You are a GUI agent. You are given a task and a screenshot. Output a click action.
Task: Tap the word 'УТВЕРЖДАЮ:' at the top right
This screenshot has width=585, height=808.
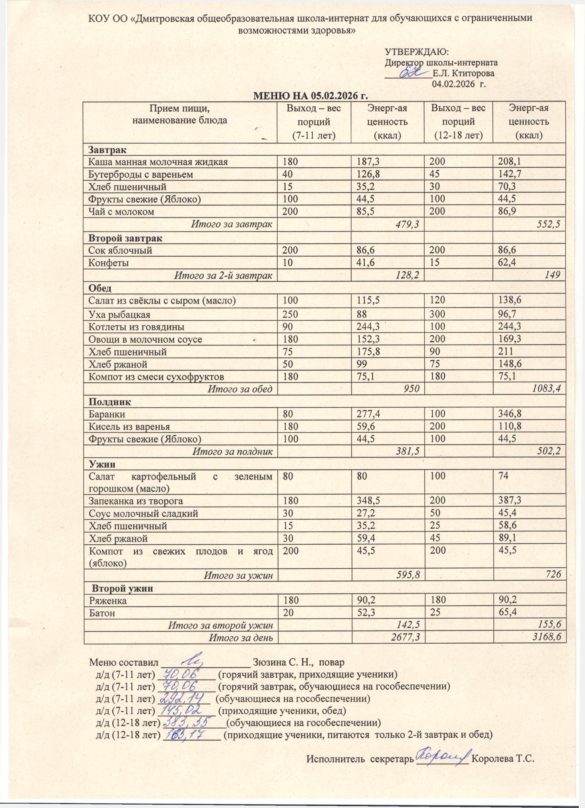pyautogui.click(x=417, y=52)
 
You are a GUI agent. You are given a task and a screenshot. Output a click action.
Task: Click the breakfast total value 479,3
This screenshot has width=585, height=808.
pyautogui.click(x=407, y=224)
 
